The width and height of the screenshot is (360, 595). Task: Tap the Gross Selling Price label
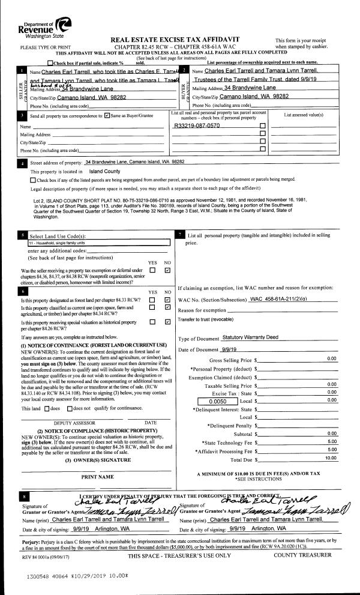pyautogui.click(x=247, y=358)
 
